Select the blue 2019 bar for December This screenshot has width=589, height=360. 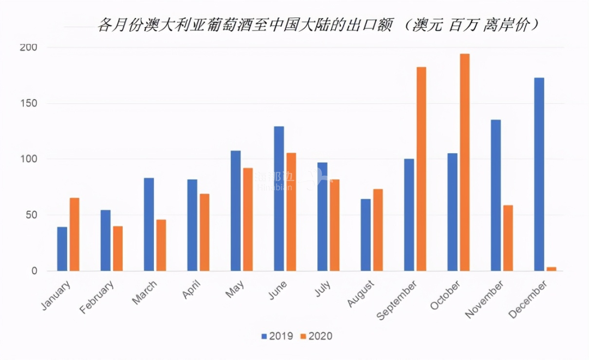tap(539, 174)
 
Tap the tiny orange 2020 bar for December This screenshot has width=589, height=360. tap(552, 268)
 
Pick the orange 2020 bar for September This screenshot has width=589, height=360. tap(421, 169)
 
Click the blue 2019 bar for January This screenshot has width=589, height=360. tap(62, 249)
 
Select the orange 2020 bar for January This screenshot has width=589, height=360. tap(74, 234)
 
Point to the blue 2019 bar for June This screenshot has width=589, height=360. tap(279, 199)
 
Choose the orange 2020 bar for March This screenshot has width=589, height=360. tap(161, 245)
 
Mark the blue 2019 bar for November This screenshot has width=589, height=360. tap(496, 195)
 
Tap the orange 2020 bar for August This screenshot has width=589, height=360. tap(378, 230)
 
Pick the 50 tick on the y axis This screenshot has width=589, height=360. tap(32, 215)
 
